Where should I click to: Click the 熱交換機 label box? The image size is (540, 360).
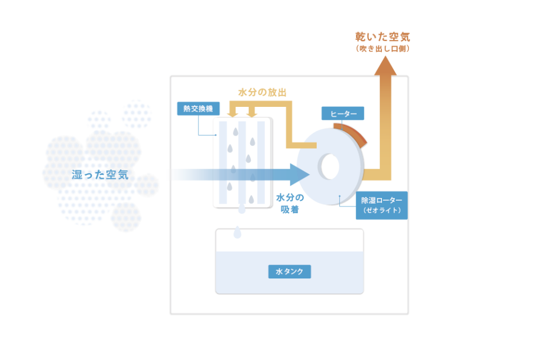[x=199, y=109]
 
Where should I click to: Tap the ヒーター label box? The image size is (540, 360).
[x=343, y=113]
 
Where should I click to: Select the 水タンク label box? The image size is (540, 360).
[x=290, y=272]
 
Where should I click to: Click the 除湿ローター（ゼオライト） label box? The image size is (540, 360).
[x=381, y=205]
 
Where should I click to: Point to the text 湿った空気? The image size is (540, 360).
[x=100, y=175]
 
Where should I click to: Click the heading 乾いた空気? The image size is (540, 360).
[x=382, y=37]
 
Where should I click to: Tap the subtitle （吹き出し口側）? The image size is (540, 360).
[x=382, y=48]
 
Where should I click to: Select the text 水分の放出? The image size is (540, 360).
[x=263, y=92]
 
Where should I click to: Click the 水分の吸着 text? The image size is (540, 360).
[x=290, y=203]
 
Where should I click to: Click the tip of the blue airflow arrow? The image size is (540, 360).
[x=309, y=175]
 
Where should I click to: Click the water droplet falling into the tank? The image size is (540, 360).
[x=237, y=232]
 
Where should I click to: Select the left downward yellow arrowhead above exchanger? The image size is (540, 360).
[x=233, y=114]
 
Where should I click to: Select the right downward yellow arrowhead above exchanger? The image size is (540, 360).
[x=252, y=114]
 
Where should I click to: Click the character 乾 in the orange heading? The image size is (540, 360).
[x=361, y=37]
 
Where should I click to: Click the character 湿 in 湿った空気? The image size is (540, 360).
[x=77, y=175]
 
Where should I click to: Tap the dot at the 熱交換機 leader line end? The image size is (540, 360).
[x=216, y=135]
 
